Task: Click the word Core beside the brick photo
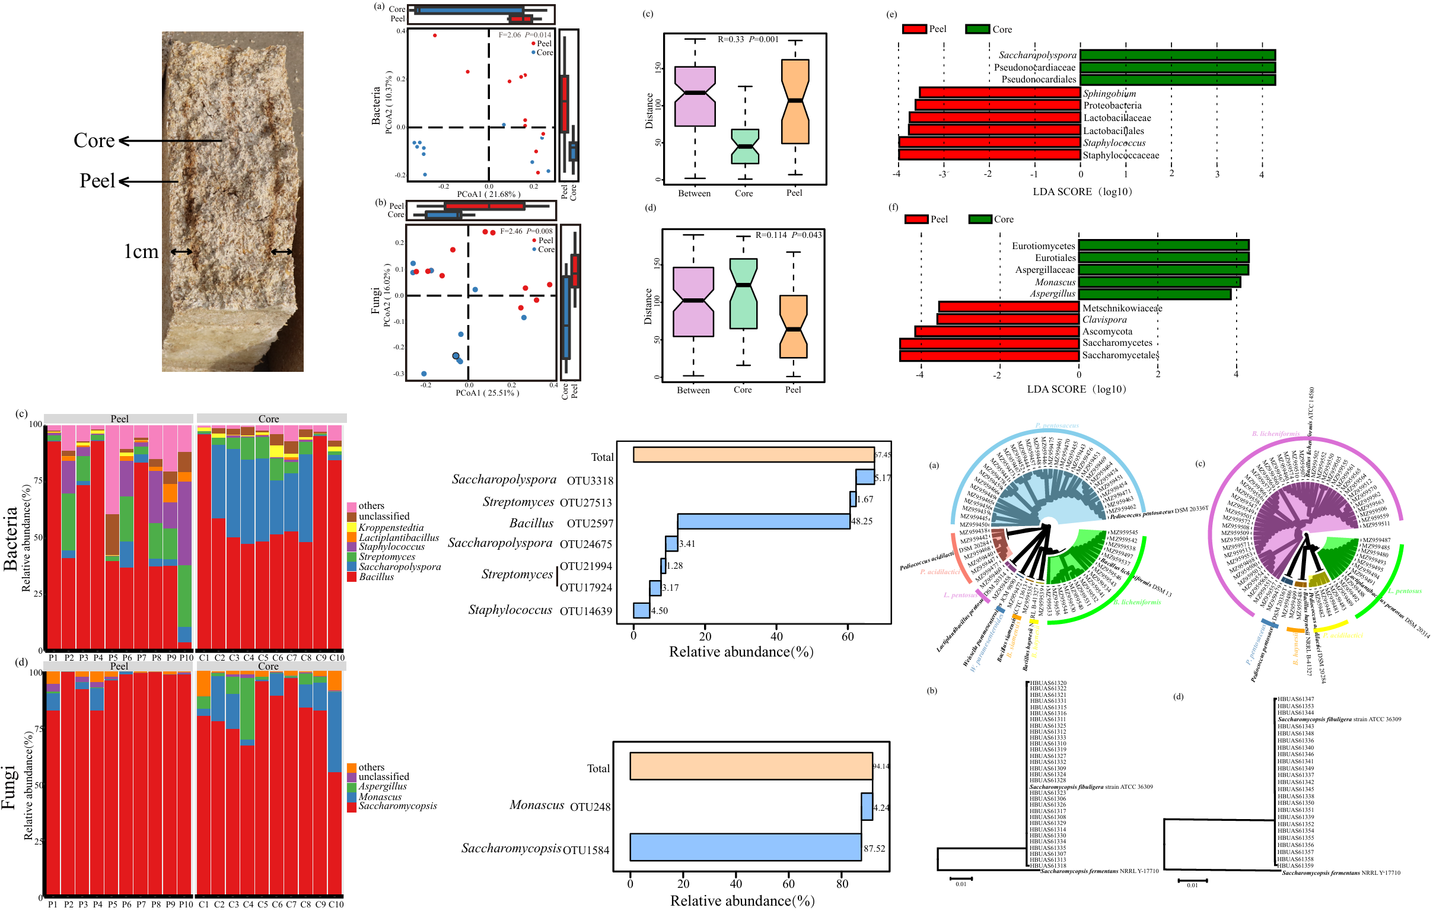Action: pos(94,141)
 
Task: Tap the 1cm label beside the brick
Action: pos(141,251)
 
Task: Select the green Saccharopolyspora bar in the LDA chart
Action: pos(1177,55)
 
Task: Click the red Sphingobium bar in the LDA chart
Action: pos(999,93)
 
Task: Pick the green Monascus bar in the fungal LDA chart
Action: pos(1159,282)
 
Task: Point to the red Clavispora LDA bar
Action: pos(1008,319)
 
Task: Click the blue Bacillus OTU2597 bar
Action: pos(763,521)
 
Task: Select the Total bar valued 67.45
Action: pos(753,454)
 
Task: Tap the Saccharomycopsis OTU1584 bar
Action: pos(745,847)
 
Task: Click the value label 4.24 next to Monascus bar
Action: pos(881,807)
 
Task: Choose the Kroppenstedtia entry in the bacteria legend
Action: pos(390,527)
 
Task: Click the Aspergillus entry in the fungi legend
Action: pos(382,786)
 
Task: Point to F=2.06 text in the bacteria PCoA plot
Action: pos(509,35)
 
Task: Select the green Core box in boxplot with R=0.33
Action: pos(744,146)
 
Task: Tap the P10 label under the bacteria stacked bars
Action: pos(186,658)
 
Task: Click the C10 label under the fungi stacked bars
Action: pos(336,904)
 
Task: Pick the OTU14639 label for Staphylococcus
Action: pos(585,611)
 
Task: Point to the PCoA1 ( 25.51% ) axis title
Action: pos(487,393)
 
